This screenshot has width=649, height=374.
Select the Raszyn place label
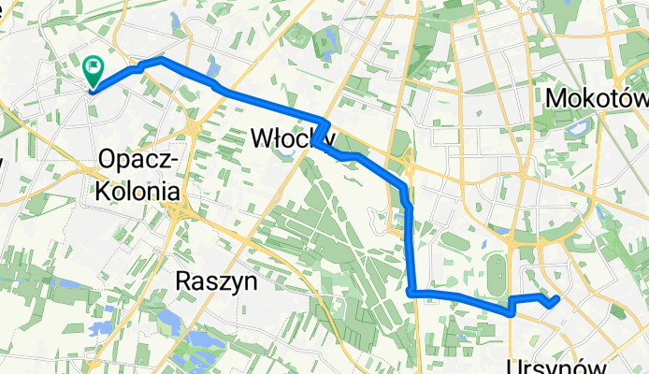point(216,280)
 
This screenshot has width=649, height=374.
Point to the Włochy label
point(293,138)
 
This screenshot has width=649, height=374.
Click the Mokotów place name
point(596,98)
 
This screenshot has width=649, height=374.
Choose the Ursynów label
point(561,366)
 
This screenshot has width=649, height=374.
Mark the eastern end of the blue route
point(558,299)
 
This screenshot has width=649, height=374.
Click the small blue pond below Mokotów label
point(576,127)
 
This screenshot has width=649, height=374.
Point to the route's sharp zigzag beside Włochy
point(324,131)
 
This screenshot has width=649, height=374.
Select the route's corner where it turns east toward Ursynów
point(411,293)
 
